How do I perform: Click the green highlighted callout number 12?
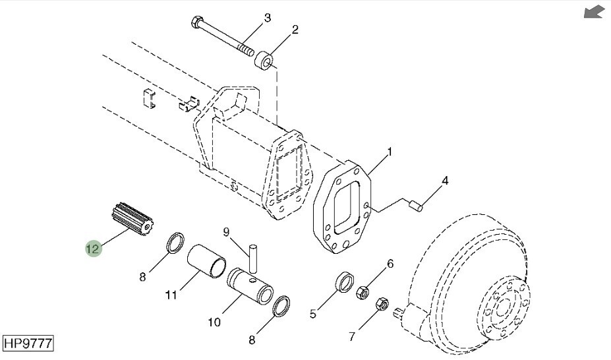click(94, 248)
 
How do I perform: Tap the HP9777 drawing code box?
click(28, 344)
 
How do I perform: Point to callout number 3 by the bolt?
click(268, 18)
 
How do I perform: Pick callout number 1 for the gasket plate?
click(390, 152)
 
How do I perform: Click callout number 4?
click(445, 181)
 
